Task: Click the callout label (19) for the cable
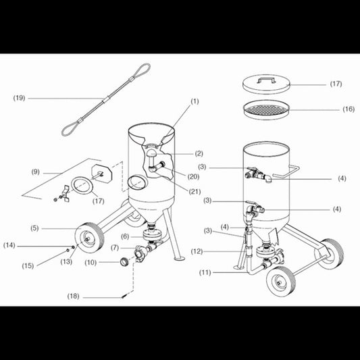[19, 98]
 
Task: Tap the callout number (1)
[195, 101]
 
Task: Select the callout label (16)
[349, 109]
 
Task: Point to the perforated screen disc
[266, 109]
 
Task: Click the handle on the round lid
[266, 80]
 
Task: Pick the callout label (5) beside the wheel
[34, 228]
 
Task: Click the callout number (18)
[73, 297]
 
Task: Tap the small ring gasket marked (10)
[125, 261]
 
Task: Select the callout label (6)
[125, 236]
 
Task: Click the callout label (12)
[197, 251]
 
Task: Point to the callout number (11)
[205, 272]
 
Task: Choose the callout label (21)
[195, 191]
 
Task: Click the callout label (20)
[193, 176]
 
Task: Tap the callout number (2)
[199, 153]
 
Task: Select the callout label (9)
[35, 172]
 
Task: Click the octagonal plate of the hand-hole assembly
[102, 173]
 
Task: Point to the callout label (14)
[9, 245]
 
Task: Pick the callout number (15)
[28, 266]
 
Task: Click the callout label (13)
[66, 261]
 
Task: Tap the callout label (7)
[115, 248]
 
